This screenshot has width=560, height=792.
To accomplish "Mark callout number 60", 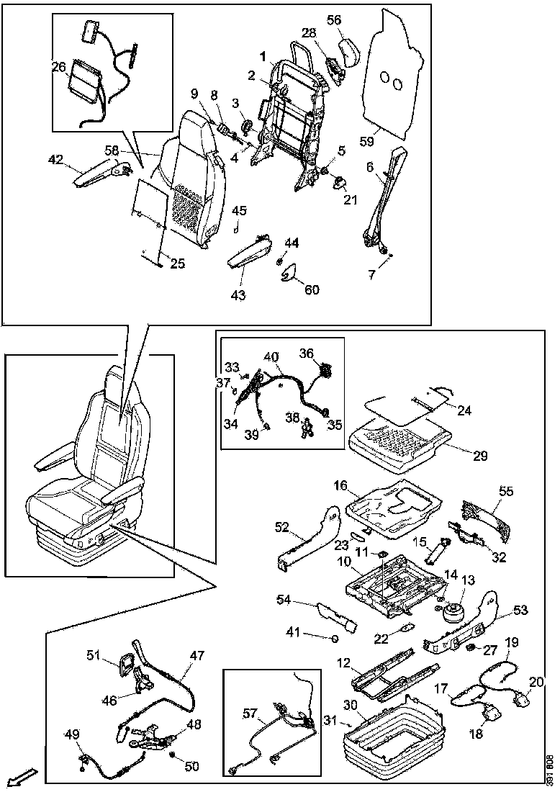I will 312,290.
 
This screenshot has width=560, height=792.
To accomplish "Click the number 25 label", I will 177,264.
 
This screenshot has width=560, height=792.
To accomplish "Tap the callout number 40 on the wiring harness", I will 271,356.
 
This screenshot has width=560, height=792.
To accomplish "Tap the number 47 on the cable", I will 197,656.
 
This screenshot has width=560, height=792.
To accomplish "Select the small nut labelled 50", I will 172,755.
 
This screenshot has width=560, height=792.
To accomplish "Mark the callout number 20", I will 537,682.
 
